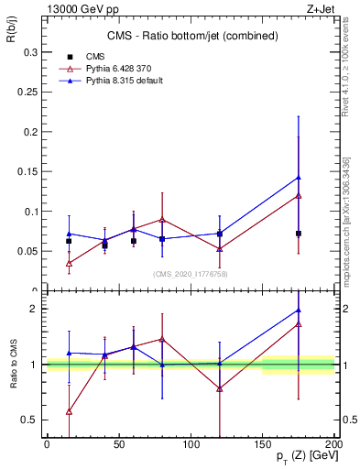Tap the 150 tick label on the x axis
(263, 443)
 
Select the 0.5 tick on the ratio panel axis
(29, 420)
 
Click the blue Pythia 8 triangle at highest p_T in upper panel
(299, 178)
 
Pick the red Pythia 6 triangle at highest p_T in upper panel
(299, 195)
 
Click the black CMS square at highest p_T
(299, 234)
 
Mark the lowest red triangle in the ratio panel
(69, 411)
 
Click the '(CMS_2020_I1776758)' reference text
(191, 274)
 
